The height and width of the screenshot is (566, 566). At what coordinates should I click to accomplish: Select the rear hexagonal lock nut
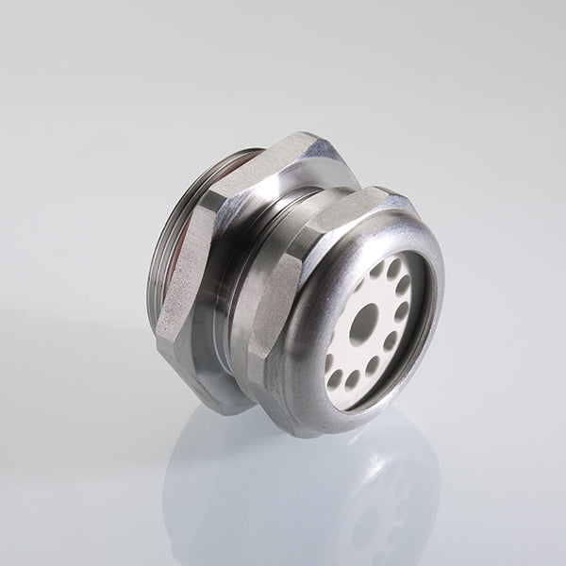point(203,283)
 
